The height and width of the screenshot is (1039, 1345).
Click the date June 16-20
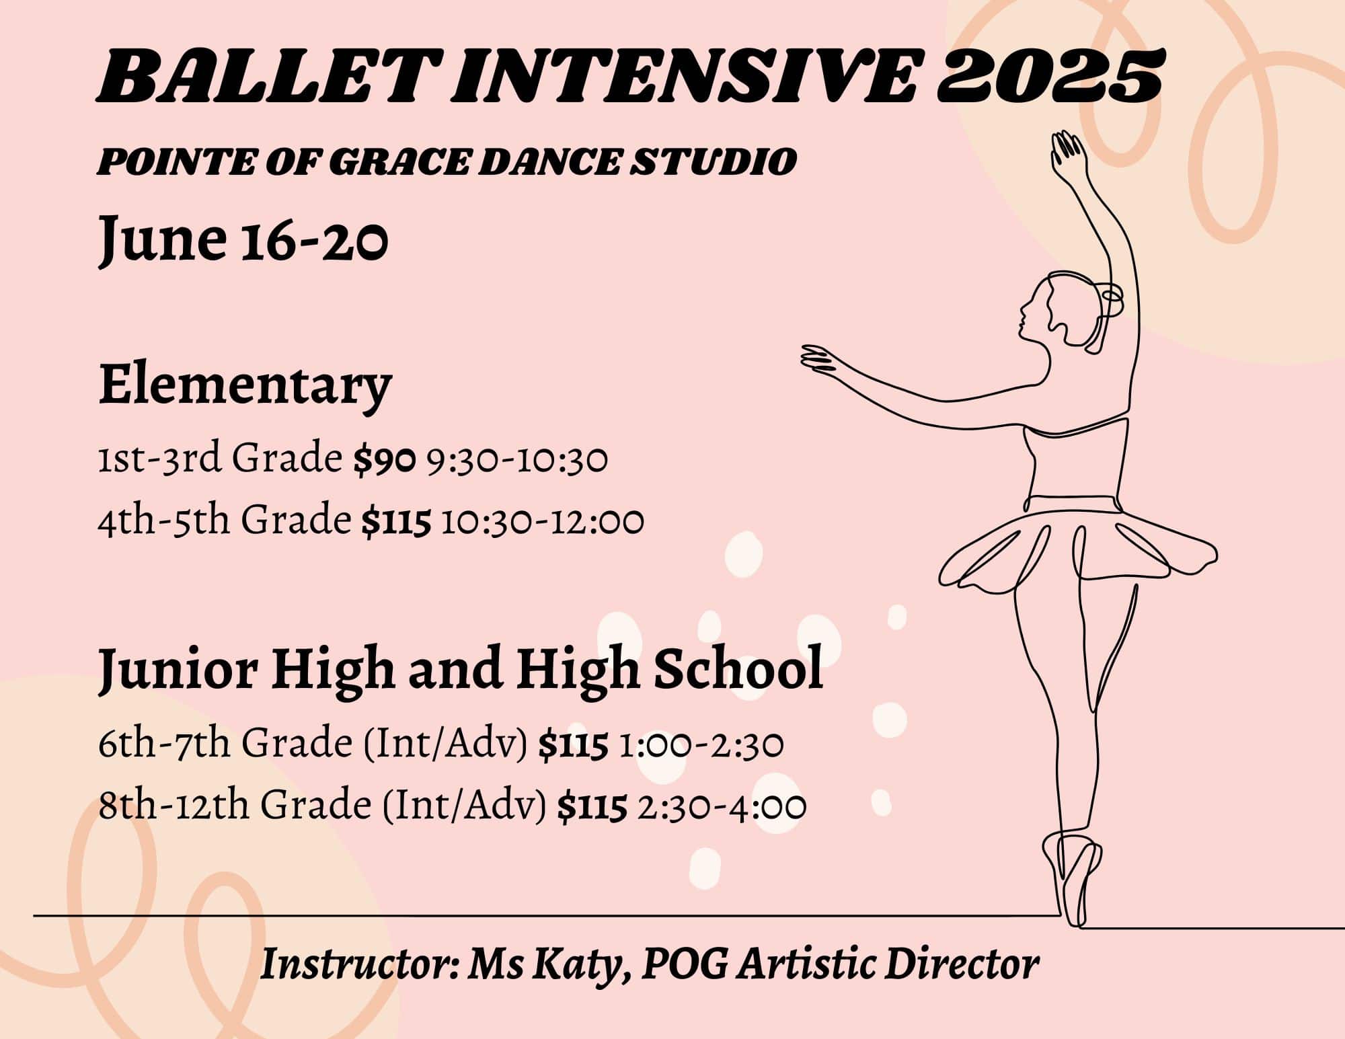(x=243, y=238)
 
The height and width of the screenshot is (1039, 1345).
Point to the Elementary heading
(x=245, y=387)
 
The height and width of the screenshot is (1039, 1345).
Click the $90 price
(x=385, y=460)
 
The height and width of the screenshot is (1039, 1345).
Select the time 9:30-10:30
(x=516, y=461)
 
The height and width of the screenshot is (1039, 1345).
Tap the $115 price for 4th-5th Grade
(x=395, y=522)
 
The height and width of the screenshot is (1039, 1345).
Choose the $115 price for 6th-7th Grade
(x=573, y=746)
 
